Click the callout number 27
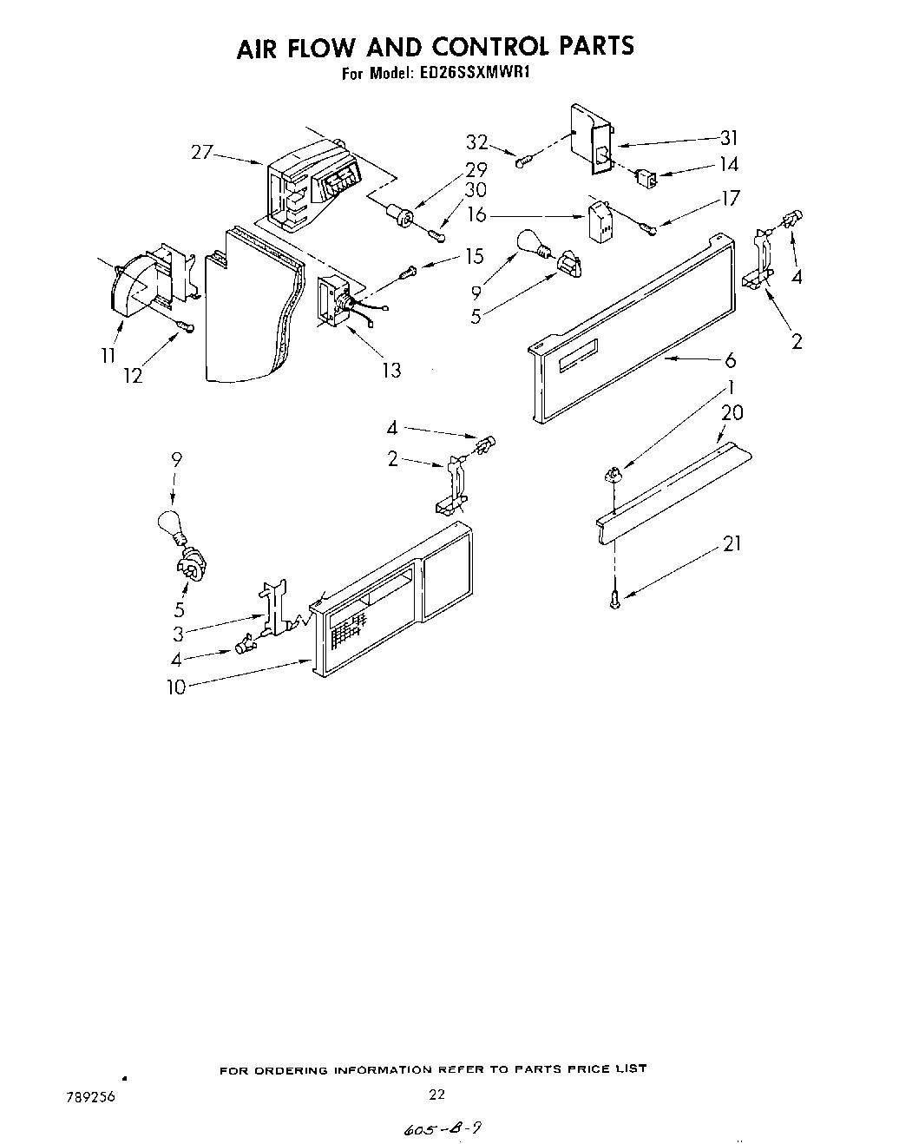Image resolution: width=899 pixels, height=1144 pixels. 201,153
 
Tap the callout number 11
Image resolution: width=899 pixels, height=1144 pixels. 108,357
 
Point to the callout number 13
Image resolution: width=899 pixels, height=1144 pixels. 391,370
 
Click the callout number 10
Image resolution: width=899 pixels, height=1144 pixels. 176,687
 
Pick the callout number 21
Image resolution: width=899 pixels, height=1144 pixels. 732,544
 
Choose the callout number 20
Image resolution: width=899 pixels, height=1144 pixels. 732,413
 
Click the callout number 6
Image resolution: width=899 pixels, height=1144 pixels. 730,359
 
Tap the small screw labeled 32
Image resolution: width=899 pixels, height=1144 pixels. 523,161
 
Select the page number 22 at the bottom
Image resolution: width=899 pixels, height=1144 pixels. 436,1095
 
